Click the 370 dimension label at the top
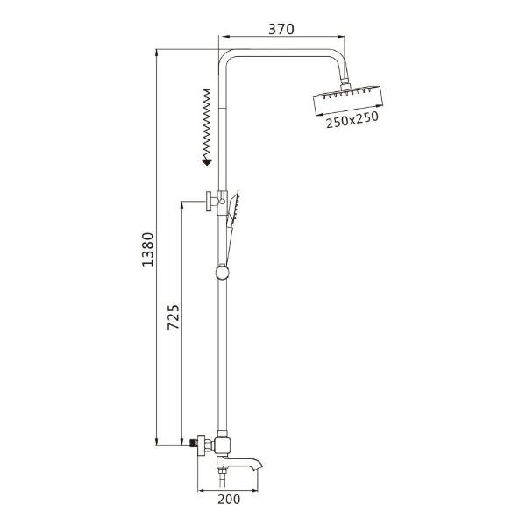click(281, 28)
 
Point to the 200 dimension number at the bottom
click(230, 501)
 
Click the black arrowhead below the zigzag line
click(207, 160)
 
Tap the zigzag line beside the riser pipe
click(207, 122)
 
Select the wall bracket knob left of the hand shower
click(207, 201)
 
